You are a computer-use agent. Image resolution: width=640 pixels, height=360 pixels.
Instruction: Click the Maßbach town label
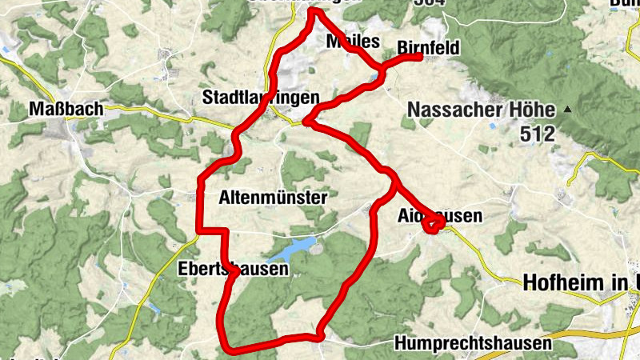point(67,109)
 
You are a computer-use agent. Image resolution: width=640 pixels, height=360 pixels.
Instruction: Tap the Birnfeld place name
point(428,49)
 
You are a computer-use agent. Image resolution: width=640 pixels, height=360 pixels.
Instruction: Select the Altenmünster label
point(272,198)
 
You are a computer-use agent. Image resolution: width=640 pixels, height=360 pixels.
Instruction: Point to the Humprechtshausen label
point(474,344)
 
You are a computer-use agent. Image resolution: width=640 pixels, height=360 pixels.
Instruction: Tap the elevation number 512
point(537,134)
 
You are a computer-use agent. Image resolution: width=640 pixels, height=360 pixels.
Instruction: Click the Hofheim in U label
point(580,281)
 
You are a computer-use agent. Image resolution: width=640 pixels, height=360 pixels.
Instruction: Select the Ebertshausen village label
point(233,270)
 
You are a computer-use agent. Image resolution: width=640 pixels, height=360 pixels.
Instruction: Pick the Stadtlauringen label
point(261,98)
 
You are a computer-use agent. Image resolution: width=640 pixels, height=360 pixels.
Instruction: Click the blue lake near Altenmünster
point(288,250)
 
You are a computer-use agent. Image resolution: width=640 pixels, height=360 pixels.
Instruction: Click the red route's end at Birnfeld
point(419,57)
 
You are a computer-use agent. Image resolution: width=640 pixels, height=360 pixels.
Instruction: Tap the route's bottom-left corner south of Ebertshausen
point(230,347)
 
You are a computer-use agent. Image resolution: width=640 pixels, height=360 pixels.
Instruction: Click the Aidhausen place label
point(440,216)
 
